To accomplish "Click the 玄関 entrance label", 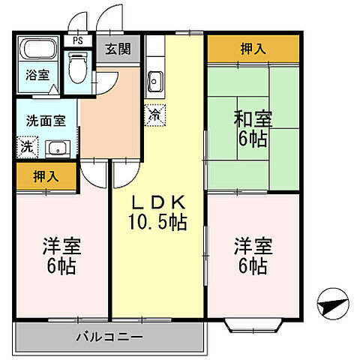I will pyautogui.click(x=116, y=50).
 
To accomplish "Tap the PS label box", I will pyautogui.click(x=76, y=41).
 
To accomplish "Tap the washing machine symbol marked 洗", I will pyautogui.click(x=27, y=145).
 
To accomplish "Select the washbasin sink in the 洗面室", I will pyautogui.click(x=57, y=147).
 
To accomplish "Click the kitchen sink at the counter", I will pyautogui.click(x=155, y=79).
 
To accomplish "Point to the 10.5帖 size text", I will pyautogui.click(x=158, y=222).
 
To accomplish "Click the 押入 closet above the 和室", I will pyautogui.click(x=253, y=49).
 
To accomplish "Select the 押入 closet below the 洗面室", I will pyautogui.click(x=46, y=177).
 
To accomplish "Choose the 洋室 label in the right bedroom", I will pyautogui.click(x=253, y=246).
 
